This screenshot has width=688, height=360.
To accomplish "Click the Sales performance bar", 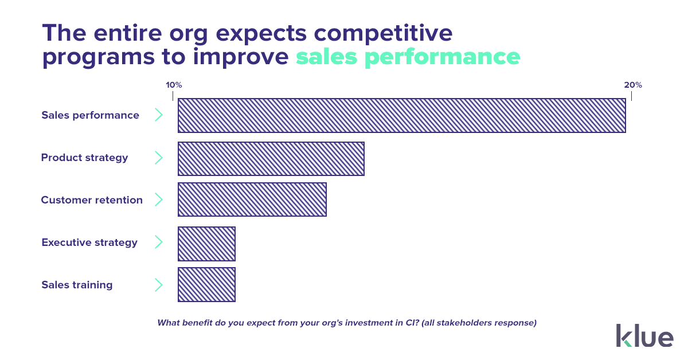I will click(401, 115).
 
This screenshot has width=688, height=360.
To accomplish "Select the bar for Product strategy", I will click(271, 158).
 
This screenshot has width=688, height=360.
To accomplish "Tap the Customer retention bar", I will click(252, 199).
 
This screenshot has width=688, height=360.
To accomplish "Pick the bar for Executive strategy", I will click(206, 244).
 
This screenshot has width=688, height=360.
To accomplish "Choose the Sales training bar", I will click(206, 284).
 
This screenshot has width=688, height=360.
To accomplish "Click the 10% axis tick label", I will click(174, 85).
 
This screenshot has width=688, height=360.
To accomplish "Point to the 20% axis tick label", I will click(633, 85).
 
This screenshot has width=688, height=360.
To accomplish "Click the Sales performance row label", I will click(90, 115).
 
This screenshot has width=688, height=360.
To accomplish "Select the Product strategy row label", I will click(84, 158).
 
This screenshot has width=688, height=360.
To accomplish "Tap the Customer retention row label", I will click(92, 200).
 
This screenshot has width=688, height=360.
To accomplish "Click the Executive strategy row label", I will click(89, 242).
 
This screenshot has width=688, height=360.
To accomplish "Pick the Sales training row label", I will click(77, 285).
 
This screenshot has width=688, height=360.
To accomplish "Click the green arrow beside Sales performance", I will click(159, 115).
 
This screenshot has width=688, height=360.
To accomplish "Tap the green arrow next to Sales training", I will click(159, 285).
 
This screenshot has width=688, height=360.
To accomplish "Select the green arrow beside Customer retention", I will click(159, 200).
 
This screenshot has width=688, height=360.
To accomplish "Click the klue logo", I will click(644, 335).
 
